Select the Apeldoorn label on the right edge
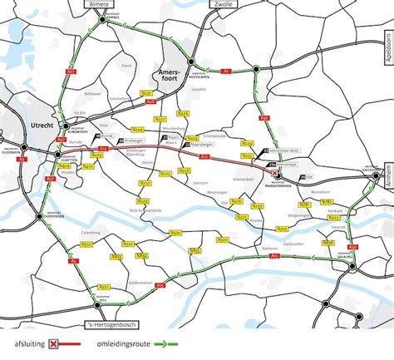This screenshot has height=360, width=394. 387,50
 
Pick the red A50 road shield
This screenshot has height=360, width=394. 352,247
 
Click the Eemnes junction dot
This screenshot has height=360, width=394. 99,25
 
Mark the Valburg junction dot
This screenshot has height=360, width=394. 351,269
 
